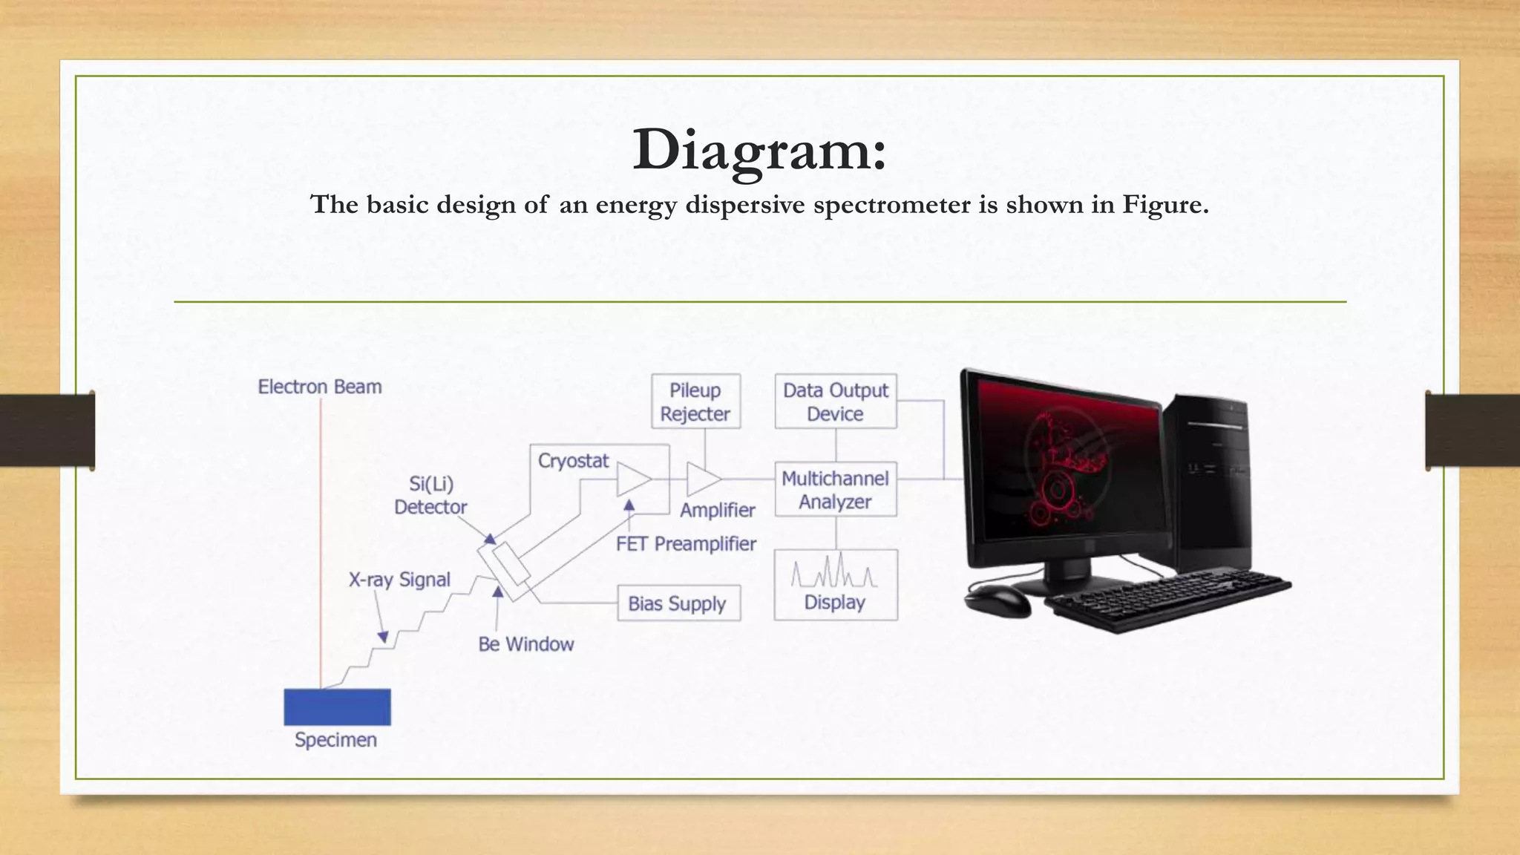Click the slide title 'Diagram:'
point(759,150)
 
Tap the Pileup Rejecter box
point(695,402)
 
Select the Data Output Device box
point(836,402)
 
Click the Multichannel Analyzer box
point(836,490)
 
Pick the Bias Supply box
point(678,603)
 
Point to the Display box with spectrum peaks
point(836,585)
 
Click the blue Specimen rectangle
point(337,707)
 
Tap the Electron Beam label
point(320,387)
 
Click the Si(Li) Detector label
point(430,495)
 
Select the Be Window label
point(526,644)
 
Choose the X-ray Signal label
point(399,580)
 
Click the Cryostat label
point(573,461)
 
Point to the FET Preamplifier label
point(686,544)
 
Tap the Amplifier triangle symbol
point(701,479)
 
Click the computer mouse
point(997,600)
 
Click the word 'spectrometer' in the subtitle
point(892,205)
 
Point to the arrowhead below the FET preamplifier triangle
point(629,505)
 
